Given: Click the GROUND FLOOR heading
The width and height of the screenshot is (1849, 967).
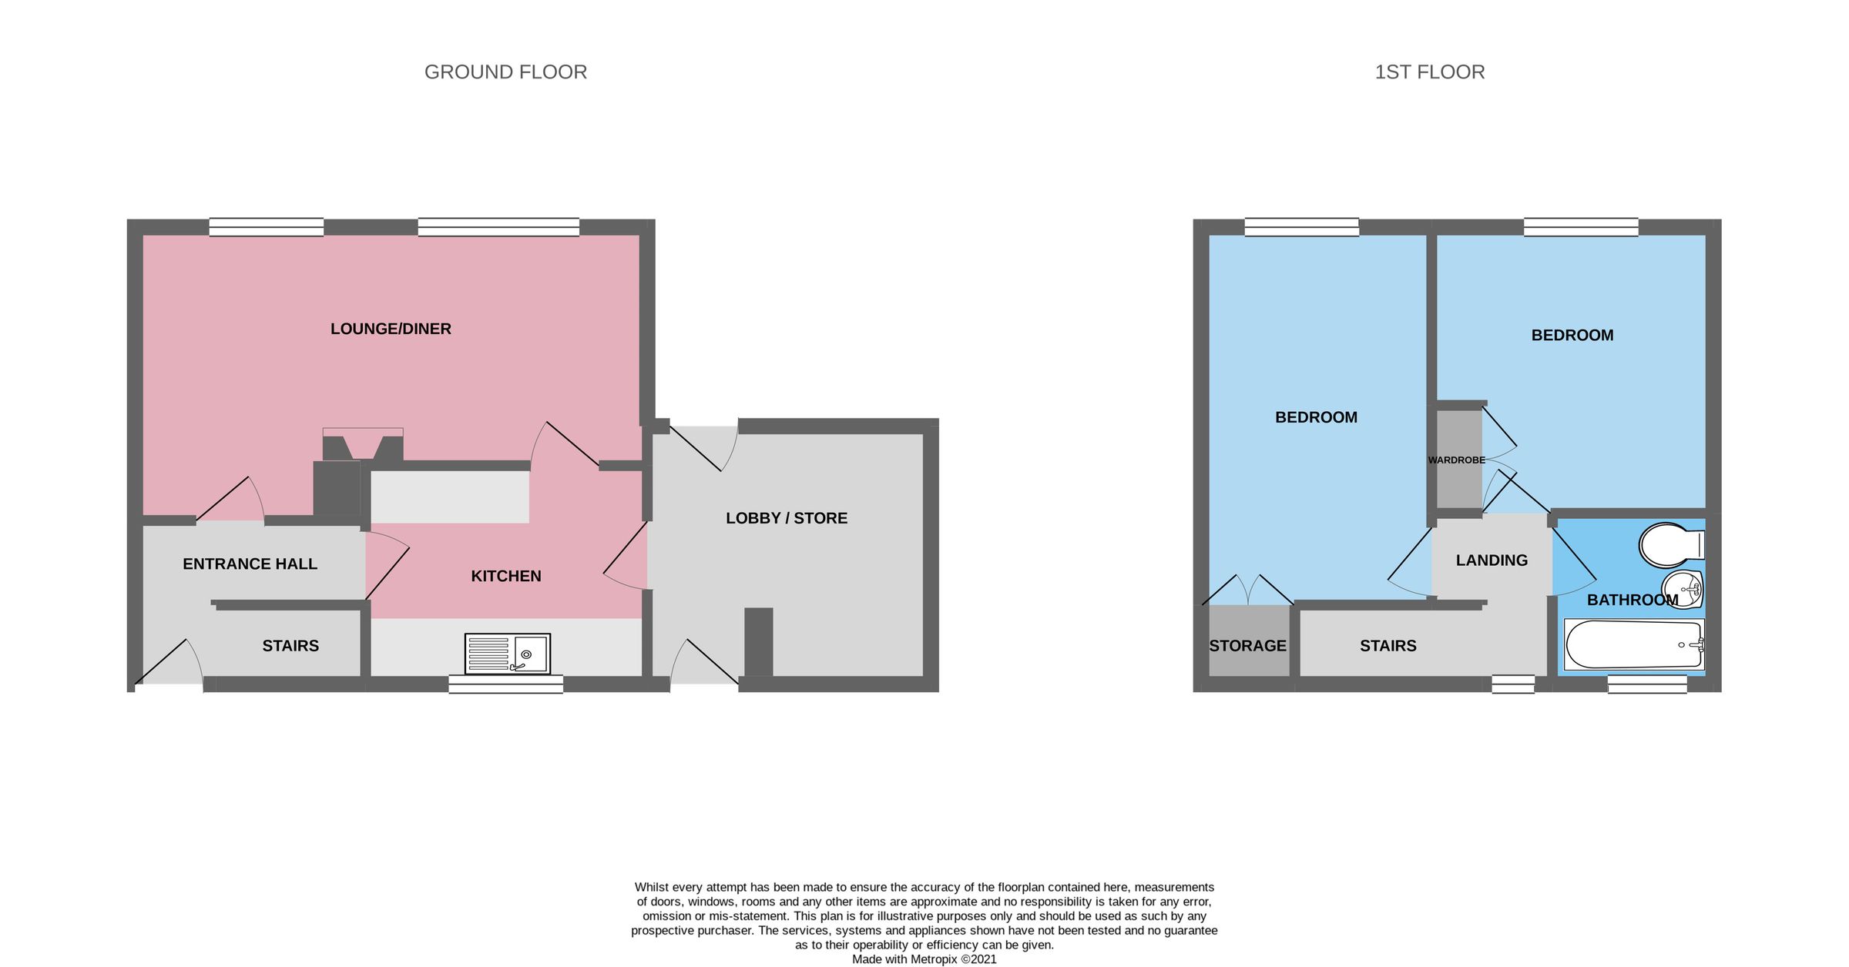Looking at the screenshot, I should click(x=505, y=72).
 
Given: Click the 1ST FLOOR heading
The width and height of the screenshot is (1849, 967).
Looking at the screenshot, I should click(x=1429, y=72).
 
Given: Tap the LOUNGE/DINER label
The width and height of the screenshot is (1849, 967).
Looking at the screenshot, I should click(x=391, y=329).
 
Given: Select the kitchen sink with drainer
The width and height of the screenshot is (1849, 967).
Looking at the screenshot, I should click(x=508, y=654).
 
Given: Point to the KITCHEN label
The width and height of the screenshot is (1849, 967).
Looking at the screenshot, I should click(x=506, y=576).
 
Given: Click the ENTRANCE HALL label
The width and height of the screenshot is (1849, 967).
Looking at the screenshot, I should click(x=250, y=564).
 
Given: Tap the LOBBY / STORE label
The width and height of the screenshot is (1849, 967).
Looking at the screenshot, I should click(x=786, y=518).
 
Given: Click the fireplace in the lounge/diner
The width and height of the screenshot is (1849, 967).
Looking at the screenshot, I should click(x=362, y=447).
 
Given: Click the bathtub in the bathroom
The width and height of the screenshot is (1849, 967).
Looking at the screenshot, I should click(x=1633, y=645).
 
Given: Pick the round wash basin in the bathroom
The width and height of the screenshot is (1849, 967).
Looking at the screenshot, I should click(x=1681, y=590).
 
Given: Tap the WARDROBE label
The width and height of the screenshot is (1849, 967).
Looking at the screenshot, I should click(x=1456, y=460).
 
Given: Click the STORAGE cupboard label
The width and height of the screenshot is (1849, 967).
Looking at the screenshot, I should click(x=1247, y=646).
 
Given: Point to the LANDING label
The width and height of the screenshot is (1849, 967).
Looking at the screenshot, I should click(x=1492, y=560).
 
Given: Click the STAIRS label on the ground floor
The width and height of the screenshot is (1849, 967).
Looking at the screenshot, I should click(x=290, y=646).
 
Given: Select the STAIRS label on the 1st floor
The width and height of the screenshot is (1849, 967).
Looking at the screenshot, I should click(x=1388, y=646).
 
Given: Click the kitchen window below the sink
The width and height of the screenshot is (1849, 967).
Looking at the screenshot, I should click(x=505, y=684).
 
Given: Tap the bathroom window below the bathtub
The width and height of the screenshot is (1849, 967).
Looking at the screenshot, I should click(x=1647, y=684).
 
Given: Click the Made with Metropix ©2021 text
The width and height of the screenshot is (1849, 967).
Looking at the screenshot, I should click(x=924, y=959).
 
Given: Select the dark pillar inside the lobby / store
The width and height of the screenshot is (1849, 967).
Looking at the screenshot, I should click(x=758, y=641).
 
